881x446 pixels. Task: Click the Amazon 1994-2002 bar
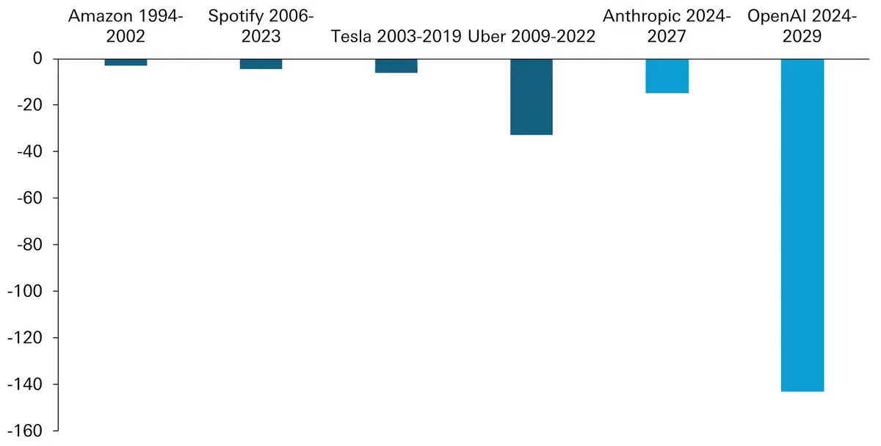[126, 62]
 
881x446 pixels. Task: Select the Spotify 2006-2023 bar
[261, 64]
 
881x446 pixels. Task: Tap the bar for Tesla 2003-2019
[396, 65]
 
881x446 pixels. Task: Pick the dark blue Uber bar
[532, 96]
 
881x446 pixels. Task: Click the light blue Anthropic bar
[667, 76]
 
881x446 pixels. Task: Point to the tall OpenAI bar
[802, 225]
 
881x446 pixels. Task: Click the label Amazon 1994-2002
[126, 26]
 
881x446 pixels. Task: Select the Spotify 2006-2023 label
[261, 26]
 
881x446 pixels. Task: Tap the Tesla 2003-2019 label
[396, 36]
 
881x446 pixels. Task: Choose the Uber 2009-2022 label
[532, 36]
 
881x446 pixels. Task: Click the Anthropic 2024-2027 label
[667, 26]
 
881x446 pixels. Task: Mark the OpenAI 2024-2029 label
[802, 26]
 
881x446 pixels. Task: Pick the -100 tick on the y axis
[26, 291]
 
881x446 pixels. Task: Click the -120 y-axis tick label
[26, 338]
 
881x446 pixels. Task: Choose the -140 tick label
[26, 384]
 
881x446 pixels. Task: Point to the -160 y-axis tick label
[26, 431]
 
